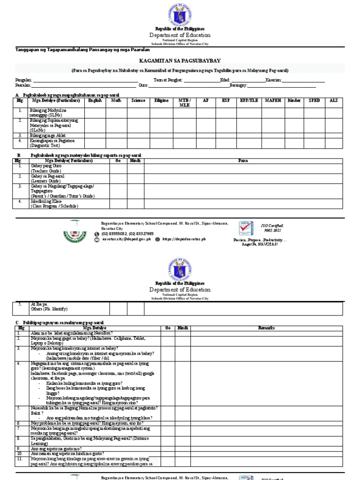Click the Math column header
tap(116, 100)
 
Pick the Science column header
tap(138, 100)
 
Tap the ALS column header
tap(333, 100)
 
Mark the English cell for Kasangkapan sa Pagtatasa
tap(95, 142)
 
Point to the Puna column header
tap(243, 160)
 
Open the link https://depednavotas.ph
tap(186, 239)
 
